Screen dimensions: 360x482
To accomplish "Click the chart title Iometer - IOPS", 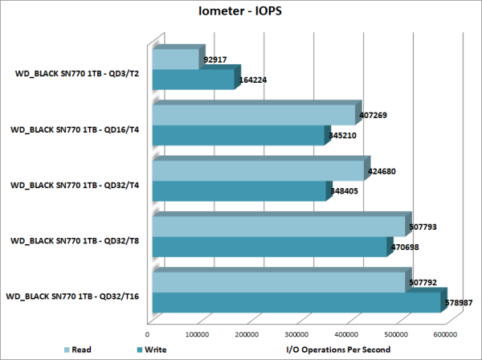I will click(x=241, y=13).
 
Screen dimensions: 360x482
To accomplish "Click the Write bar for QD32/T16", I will click(x=295, y=302).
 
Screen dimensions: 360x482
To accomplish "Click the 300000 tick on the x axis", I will click(x=296, y=333).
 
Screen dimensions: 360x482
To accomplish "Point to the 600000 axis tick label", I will click(x=445, y=333).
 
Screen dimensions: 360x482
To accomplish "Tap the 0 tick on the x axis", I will click(x=148, y=333).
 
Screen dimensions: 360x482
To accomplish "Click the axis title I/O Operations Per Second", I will click(x=338, y=350).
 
